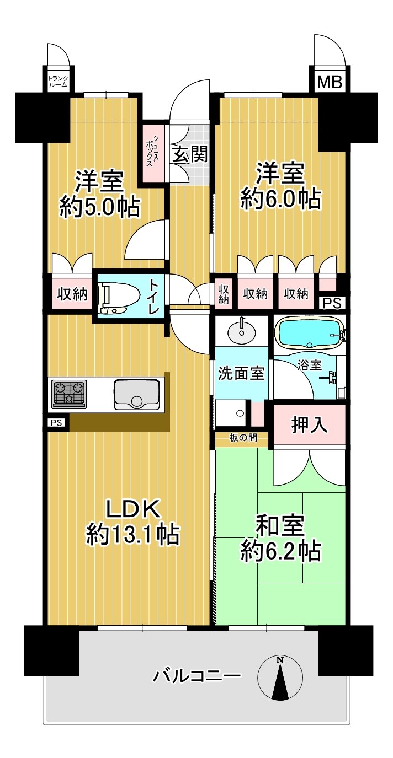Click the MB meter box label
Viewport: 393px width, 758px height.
pyautogui.click(x=330, y=82)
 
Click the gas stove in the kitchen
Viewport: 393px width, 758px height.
pyautogui.click(x=69, y=395)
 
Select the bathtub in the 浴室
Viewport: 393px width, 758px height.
pyautogui.click(x=310, y=334)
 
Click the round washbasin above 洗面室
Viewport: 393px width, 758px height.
pyautogui.click(x=241, y=332)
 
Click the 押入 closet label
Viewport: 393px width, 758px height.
pyautogui.click(x=309, y=425)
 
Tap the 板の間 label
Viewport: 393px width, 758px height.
pyautogui.click(x=243, y=438)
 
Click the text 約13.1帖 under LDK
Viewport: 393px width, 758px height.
pyautogui.click(x=132, y=534)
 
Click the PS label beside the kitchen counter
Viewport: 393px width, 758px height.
pyautogui.click(x=56, y=423)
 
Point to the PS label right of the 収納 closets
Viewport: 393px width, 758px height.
pyautogui.click(x=332, y=303)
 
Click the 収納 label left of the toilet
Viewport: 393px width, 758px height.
pyautogui.click(x=72, y=294)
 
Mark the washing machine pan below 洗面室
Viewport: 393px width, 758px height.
pyautogui.click(x=231, y=413)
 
